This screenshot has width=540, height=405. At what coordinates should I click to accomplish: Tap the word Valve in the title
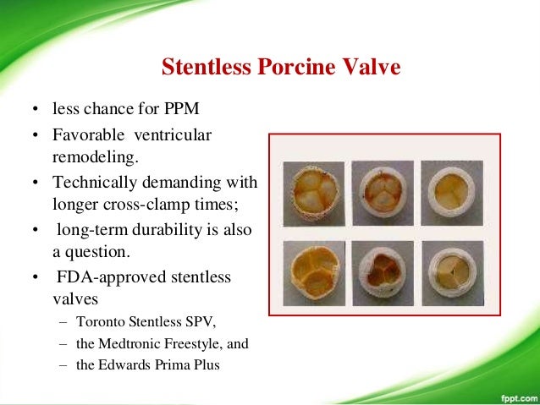[x=361, y=67]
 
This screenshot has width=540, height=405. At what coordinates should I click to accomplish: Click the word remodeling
[x=91, y=157]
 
